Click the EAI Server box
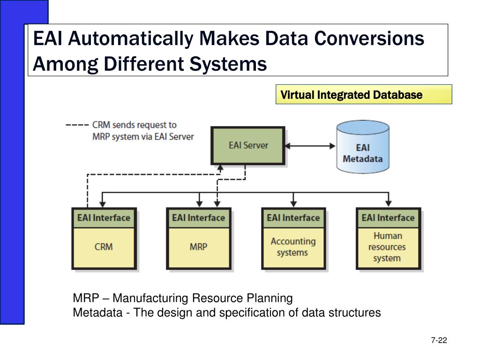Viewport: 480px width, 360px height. click(248, 146)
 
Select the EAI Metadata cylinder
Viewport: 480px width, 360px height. click(363, 147)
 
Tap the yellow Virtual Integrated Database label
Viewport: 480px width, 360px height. click(364, 95)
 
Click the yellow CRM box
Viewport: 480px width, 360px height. click(104, 248)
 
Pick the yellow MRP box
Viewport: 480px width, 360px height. click(199, 248)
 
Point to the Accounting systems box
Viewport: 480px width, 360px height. click(293, 248)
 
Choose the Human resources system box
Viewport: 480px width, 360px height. click(388, 248)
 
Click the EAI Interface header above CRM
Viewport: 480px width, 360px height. click(104, 218)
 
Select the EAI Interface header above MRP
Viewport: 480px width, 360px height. click(199, 218)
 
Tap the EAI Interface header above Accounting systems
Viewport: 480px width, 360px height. click(293, 218)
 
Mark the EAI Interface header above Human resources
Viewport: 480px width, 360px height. click(388, 218)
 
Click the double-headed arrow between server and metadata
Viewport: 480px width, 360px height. click(310, 146)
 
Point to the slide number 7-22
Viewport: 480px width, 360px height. click(439, 340)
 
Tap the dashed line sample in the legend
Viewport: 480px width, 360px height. click(77, 125)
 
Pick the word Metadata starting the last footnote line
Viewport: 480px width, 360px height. click(97, 313)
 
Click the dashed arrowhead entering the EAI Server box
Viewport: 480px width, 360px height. click(220, 168)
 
